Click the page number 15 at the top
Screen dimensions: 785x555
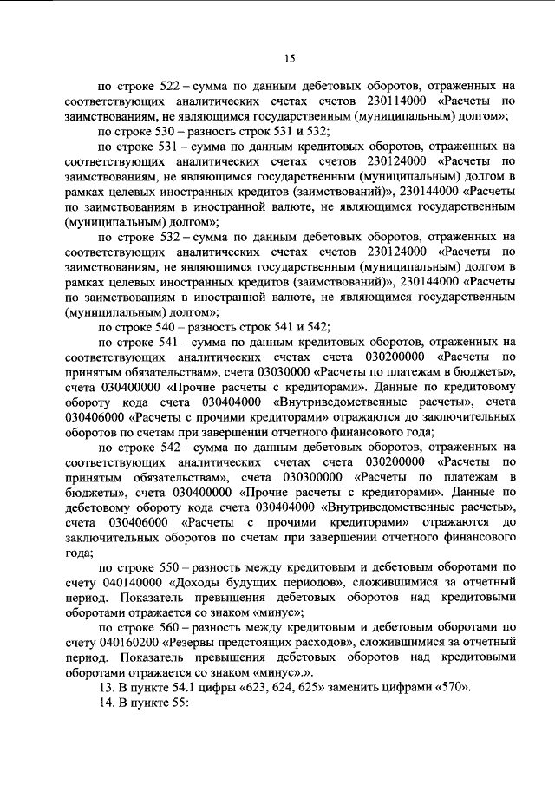point(290,58)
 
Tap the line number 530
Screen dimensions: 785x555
point(176,132)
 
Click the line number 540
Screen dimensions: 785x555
point(176,327)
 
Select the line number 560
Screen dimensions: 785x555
point(176,626)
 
